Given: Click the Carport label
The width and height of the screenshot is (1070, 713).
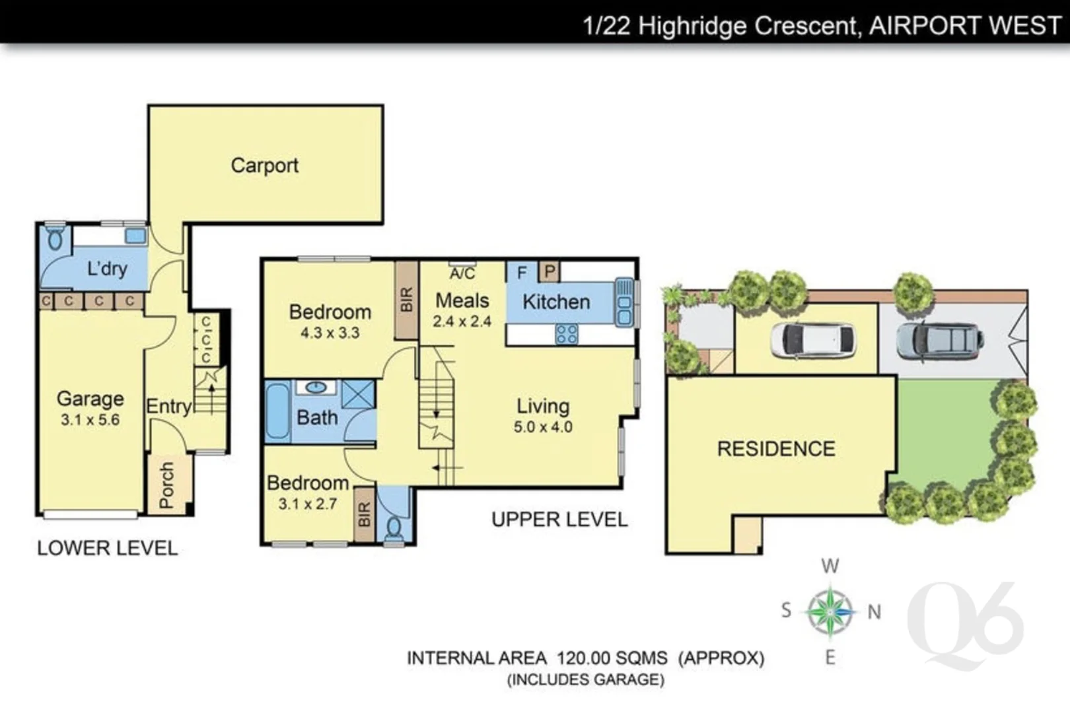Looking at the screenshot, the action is coord(264,165).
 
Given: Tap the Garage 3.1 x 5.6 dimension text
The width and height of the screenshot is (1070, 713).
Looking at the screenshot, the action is coord(90,420).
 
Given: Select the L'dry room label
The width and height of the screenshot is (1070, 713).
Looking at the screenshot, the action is coord(107,269).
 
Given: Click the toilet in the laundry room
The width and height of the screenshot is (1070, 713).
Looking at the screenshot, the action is coord(55,238).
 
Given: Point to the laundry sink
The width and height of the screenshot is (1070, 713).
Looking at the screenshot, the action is coord(135,236).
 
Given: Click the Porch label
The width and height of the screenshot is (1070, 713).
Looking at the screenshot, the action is coord(166,485).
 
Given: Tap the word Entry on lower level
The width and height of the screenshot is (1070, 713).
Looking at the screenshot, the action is coord(168,406).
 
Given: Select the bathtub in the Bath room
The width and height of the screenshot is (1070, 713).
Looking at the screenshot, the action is coord(277,411).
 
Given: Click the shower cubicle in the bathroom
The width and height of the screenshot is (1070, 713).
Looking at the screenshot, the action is coord(358,393).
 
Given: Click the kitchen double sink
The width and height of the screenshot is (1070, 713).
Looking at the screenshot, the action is coord(624,302).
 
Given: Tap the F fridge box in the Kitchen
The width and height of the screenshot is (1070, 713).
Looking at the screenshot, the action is coord(522,272).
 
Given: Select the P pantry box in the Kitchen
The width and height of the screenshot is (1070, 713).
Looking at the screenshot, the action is coord(550,271).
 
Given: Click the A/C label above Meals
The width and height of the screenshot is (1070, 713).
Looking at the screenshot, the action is coord(462,273).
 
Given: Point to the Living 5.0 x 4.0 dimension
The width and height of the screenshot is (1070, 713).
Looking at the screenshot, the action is coord(543,427).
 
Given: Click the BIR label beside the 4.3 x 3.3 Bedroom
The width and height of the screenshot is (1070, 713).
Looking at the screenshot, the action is coord(406,300).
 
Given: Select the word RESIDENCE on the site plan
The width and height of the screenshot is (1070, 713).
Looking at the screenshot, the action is coord(776,449).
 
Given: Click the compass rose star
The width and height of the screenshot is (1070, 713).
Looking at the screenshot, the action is coord(830,611).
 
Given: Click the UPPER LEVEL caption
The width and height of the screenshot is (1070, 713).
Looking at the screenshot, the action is coord(559,520).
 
